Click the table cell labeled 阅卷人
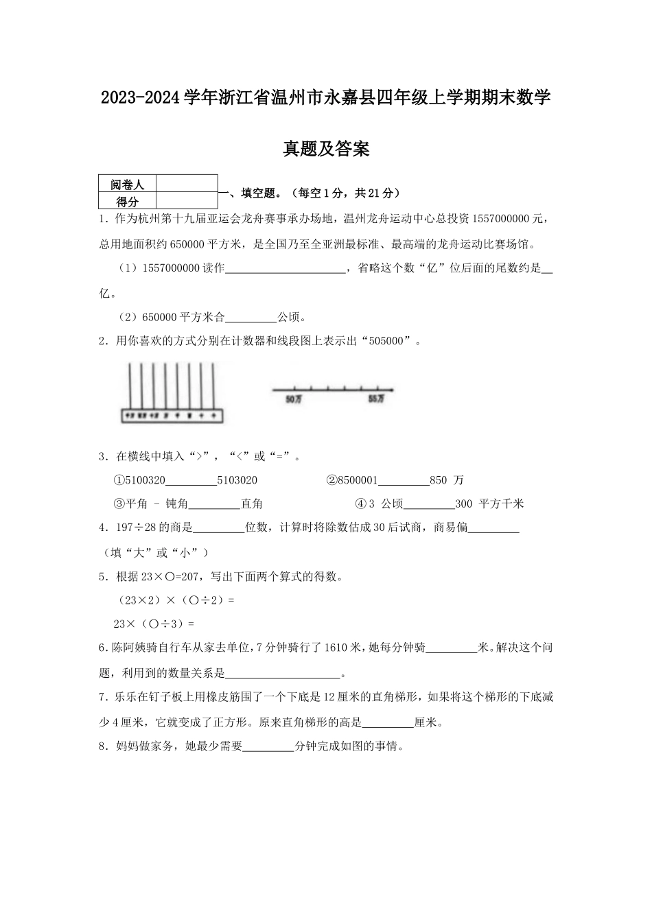[x=128, y=185]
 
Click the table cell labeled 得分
[x=128, y=201]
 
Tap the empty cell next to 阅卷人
[x=187, y=184]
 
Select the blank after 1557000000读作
[x=286, y=269]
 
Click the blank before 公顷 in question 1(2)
[x=251, y=317]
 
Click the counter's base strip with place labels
[x=172, y=416]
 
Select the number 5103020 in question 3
[x=237, y=480]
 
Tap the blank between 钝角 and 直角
[x=214, y=504]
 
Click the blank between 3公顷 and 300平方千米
[x=429, y=504]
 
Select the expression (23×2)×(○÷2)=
[x=176, y=600]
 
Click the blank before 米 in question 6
[x=452, y=648]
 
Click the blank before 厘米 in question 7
[x=388, y=722]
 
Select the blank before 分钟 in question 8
[x=269, y=747]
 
